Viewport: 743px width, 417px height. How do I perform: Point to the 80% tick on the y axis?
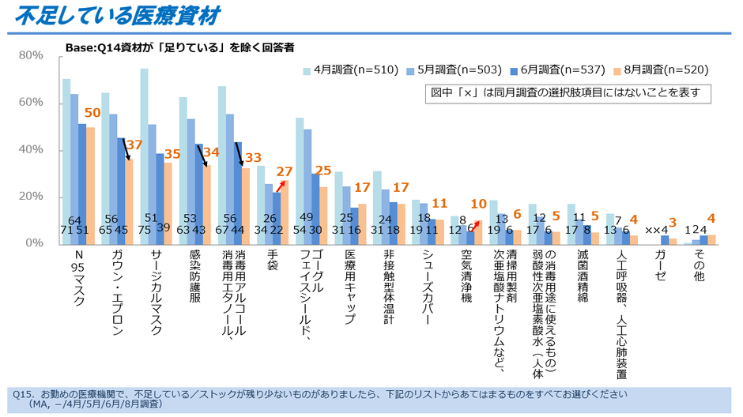[31, 55]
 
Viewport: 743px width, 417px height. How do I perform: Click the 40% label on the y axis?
[31, 149]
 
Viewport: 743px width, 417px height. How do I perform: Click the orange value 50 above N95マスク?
[92, 113]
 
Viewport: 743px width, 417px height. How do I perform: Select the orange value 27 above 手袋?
[285, 170]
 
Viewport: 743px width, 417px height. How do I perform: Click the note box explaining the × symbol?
[568, 93]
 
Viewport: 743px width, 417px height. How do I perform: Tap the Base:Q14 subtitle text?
[179, 47]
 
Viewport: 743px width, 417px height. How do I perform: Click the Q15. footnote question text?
[316, 393]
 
